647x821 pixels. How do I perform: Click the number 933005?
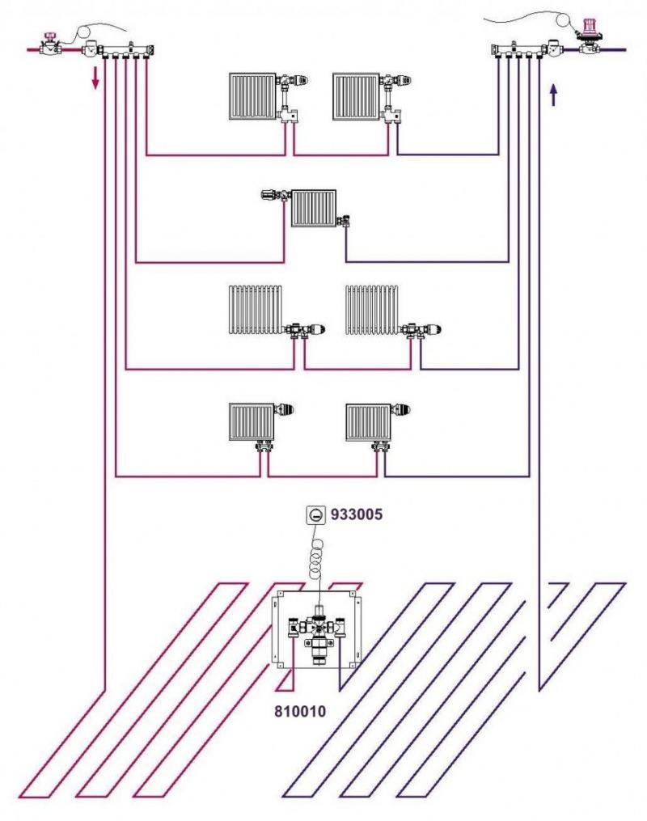pos(357,514)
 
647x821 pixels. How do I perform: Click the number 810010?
pos(300,711)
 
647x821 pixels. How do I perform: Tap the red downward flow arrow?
pos(95,78)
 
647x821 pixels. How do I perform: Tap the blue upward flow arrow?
pos(553,95)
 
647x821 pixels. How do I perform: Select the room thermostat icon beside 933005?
pos(316,515)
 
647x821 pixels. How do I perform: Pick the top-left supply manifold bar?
pos(126,51)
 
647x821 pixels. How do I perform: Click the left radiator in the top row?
pos(252,96)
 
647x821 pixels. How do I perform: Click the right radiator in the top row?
pos(356,96)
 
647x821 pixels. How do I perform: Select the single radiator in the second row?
pos(314,209)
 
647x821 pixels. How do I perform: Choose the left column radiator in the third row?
pos(256,310)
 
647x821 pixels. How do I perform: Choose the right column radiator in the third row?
pos(372,310)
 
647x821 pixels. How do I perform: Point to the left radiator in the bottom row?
pos(252,422)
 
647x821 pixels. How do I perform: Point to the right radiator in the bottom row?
pos(369,422)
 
